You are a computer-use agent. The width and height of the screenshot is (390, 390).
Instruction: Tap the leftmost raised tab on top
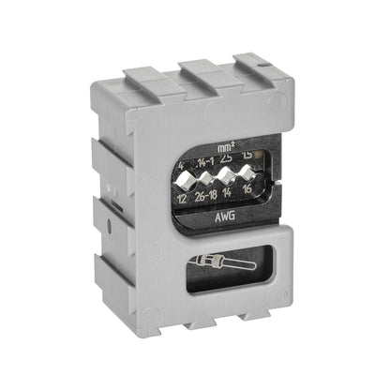coord(143,77)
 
